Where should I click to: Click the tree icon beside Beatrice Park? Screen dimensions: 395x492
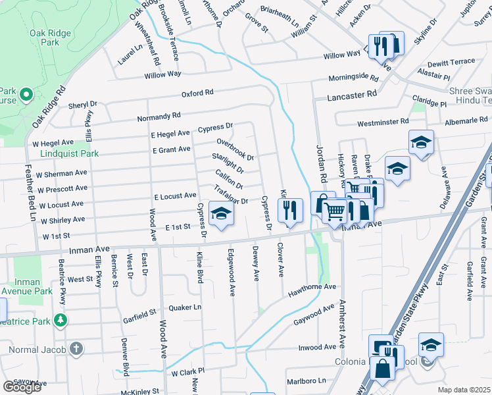pyautogui.click(x=61, y=320)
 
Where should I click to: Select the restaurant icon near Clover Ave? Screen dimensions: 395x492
pyautogui.click(x=289, y=211)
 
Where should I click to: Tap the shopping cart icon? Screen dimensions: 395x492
pyautogui.click(x=335, y=211)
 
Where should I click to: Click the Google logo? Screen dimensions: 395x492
pyautogui.click(x=22, y=387)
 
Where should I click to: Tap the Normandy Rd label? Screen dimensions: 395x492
pyautogui.click(x=159, y=117)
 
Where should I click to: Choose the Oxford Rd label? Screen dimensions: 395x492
pyautogui.click(x=198, y=93)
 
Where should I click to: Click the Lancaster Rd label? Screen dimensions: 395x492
pyautogui.click(x=352, y=95)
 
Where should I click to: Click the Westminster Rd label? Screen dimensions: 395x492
pyautogui.click(x=383, y=122)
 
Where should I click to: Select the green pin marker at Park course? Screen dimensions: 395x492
pyautogui.click(x=26, y=95)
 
